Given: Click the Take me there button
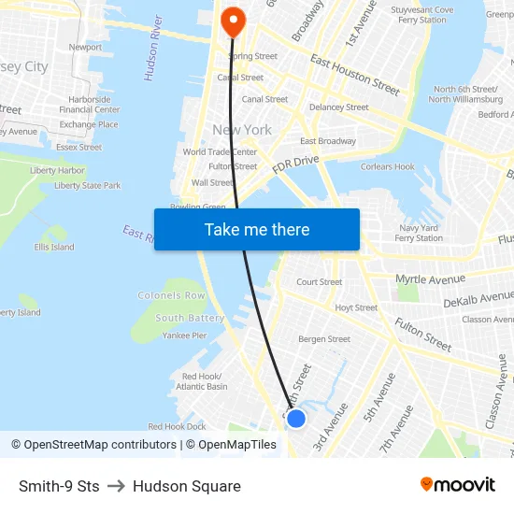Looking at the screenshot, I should pyautogui.click(x=257, y=230).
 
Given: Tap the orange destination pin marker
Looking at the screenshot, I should pyautogui.click(x=231, y=20).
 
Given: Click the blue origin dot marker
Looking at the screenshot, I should pyautogui.click(x=296, y=419).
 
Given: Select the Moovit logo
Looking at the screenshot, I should pyautogui.click(x=458, y=485).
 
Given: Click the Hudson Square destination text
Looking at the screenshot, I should pyautogui.click(x=187, y=486).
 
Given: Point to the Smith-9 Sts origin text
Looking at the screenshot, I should pyautogui.click(x=59, y=486).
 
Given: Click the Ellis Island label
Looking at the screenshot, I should pyautogui.click(x=54, y=248).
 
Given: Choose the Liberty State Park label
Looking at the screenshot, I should pyautogui.click(x=87, y=186).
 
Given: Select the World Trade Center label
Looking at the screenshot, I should pyautogui.click(x=220, y=152).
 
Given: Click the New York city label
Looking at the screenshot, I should pyautogui.click(x=242, y=130).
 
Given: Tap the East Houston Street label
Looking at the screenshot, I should pyautogui.click(x=355, y=76).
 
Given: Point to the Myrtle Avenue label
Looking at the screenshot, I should pyautogui.click(x=430, y=278).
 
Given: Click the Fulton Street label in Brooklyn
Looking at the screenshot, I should pyautogui.click(x=422, y=334).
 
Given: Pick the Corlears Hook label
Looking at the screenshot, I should pyautogui.click(x=387, y=167).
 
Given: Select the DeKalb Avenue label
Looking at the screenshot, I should pyautogui.click(x=479, y=302).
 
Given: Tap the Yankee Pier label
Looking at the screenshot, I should pyautogui.click(x=184, y=336).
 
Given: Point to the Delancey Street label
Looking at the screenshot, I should pyautogui.click(x=338, y=107).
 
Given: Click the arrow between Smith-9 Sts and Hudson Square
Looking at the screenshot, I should pyautogui.click(x=116, y=486).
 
